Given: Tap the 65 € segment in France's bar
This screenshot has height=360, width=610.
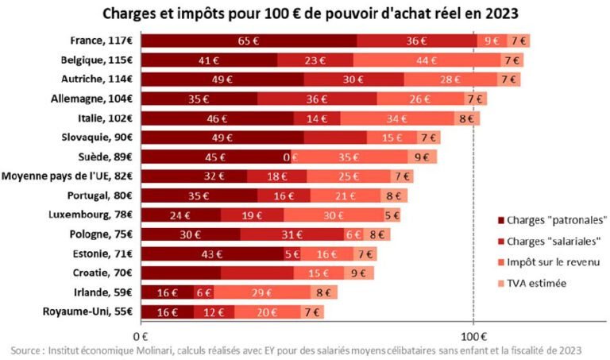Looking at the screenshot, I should point(249,41).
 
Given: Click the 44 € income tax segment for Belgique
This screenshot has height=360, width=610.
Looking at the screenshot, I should point(427,60).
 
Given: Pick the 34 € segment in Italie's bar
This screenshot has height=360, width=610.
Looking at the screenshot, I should point(378,118).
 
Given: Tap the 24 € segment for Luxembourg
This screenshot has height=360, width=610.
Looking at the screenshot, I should point(181,215).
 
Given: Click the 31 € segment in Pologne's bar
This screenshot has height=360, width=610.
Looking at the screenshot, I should point(291,234).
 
